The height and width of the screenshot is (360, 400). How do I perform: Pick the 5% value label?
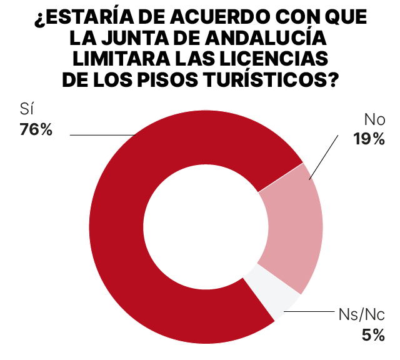[x=373, y=334]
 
